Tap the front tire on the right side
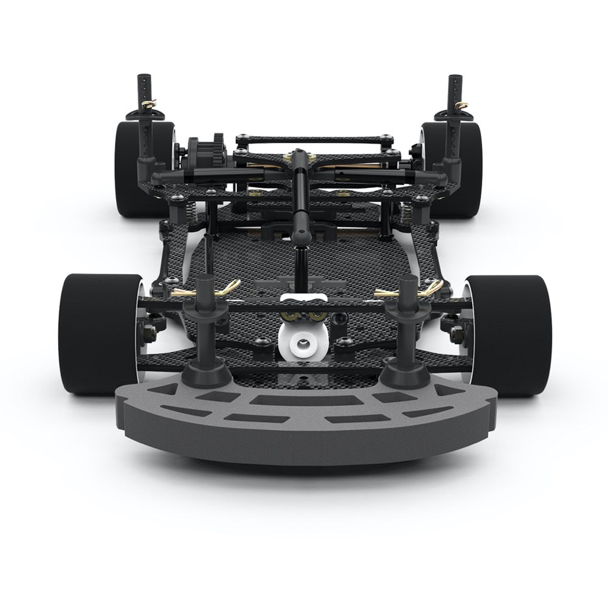click(514, 334)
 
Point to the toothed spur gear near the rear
click(206, 149)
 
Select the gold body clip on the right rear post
click(464, 106)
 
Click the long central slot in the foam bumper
click(303, 400)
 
